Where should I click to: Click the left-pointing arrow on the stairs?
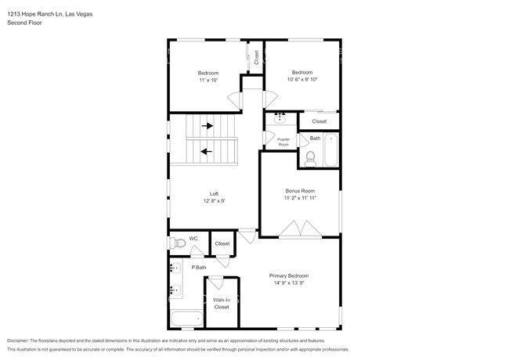pos(207,152)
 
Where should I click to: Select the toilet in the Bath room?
pos(310,160)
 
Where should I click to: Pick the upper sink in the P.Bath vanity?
pos(174,268)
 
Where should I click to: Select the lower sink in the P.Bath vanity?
pos(174,291)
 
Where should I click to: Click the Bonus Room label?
pos(299,190)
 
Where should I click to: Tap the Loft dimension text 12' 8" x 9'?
pos(214,201)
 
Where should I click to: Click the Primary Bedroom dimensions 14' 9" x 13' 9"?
pos(289,283)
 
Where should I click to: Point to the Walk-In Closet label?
pos(222,304)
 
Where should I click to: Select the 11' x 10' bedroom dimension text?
pos(208,80)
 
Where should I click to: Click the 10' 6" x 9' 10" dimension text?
pos(302,80)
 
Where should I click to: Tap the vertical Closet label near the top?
pos(256,57)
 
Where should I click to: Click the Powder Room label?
pos(283,141)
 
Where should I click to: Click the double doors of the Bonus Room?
pos(299,229)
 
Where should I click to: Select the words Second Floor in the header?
pos(24,23)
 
